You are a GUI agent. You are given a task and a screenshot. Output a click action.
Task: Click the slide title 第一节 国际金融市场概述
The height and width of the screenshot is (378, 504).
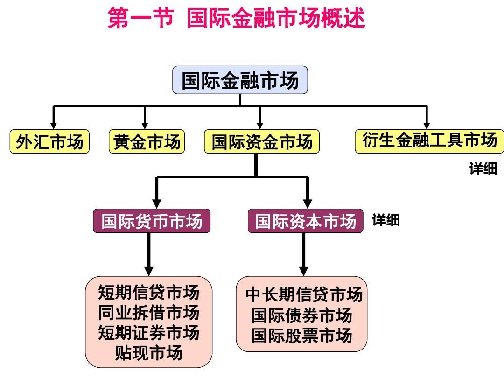click(x=236, y=19)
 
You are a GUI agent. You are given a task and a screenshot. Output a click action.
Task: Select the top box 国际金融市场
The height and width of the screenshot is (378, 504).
click(x=240, y=80)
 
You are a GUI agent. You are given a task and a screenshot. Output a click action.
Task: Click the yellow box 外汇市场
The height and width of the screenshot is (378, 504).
click(x=49, y=142)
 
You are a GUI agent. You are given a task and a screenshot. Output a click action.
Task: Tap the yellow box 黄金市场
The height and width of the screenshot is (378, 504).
click(x=147, y=142)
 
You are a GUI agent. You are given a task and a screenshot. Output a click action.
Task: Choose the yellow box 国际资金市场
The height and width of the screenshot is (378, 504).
click(x=262, y=142)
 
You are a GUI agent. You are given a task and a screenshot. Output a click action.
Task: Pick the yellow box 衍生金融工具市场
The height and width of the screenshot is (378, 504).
click(x=429, y=140)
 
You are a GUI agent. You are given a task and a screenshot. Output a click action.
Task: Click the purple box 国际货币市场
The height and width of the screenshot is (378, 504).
click(x=152, y=221)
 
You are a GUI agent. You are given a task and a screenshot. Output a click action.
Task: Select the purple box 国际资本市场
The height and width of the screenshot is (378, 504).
click(x=305, y=221)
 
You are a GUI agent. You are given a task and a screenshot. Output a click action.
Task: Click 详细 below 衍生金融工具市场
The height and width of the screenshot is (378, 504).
click(x=483, y=169)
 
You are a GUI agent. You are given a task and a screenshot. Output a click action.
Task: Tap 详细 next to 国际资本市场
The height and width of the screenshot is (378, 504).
click(x=386, y=220)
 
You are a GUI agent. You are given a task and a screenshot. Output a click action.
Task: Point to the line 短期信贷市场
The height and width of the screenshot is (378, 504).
click(x=148, y=293)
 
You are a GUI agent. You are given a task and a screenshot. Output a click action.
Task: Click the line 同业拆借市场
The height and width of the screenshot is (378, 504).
click(x=148, y=313)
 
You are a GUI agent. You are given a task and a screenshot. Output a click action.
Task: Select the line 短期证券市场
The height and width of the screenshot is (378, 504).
click(x=148, y=333)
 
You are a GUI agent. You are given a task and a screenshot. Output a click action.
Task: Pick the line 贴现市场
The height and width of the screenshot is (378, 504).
click(x=148, y=353)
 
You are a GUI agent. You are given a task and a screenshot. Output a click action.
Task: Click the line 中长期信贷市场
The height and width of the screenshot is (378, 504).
click(x=304, y=295)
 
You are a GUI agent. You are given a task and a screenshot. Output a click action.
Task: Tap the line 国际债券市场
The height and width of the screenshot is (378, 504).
click(x=301, y=315)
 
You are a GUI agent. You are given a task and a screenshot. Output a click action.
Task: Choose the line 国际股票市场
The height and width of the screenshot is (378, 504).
click(x=301, y=336)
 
